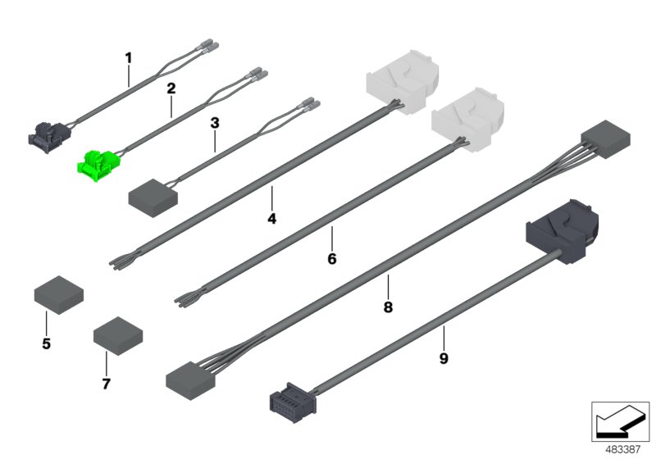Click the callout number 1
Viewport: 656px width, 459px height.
[128, 58]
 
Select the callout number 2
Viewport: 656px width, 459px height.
[171, 88]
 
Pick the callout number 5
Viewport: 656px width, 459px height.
[46, 344]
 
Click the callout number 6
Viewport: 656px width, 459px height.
[331, 259]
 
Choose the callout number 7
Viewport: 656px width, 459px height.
[107, 383]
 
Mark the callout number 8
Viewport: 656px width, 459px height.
[388, 307]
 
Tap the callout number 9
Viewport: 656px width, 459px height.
[443, 358]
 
